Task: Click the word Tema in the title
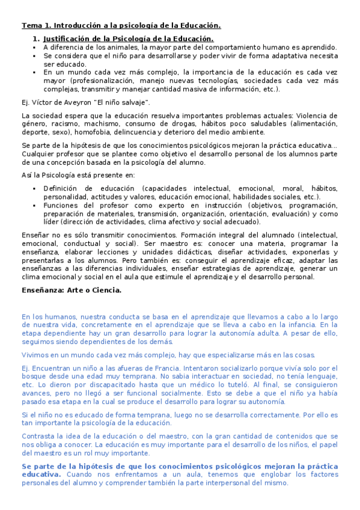(x=31, y=25)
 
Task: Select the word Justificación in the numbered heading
(x=68, y=38)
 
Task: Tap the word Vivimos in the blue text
(x=35, y=355)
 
